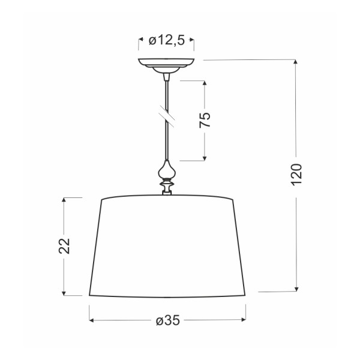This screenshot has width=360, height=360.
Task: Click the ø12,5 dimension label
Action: tap(166, 41)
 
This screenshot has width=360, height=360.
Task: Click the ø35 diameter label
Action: tap(167, 320)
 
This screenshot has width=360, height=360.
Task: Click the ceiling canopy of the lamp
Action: tap(167, 64)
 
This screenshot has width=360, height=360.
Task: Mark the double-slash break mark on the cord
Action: tap(167, 115)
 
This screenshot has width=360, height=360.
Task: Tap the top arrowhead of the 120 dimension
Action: tap(297, 62)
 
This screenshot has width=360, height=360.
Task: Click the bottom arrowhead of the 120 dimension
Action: tap(297, 289)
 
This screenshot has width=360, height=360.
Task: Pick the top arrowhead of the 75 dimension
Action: tap(205, 83)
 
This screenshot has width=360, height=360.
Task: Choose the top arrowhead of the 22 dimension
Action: tap(64, 200)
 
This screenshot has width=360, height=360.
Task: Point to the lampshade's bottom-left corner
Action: tap(89, 295)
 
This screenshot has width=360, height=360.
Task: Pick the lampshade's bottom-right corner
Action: tap(246, 295)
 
